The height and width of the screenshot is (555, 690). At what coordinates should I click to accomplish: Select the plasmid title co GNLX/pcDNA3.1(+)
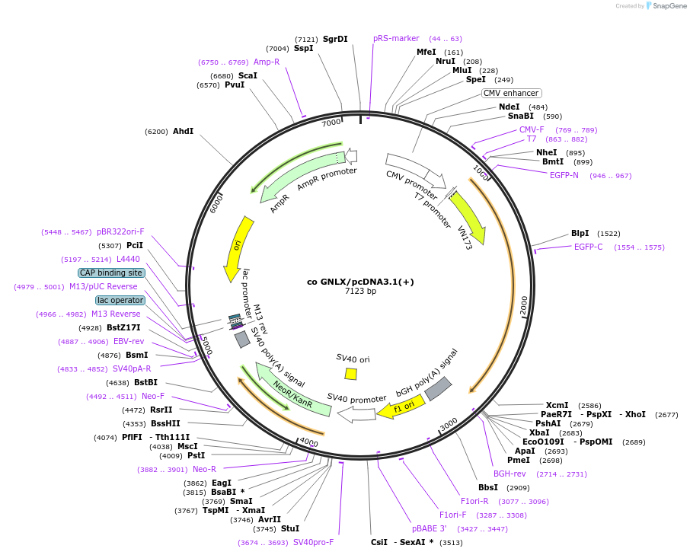click(x=360, y=281)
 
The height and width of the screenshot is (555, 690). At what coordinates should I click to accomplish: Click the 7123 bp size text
click(x=360, y=291)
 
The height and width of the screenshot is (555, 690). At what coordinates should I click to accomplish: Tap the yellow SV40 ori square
click(x=350, y=374)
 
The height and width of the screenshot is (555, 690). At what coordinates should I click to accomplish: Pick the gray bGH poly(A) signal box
click(x=438, y=388)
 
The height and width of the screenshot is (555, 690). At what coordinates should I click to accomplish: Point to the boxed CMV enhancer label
click(x=511, y=94)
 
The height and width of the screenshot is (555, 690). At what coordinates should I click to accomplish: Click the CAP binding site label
click(x=110, y=273)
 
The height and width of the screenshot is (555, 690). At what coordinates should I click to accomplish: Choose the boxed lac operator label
click(x=120, y=300)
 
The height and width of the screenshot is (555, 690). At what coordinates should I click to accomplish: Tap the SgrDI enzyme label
click(x=335, y=39)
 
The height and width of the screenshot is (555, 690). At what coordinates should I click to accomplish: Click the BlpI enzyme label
click(x=580, y=233)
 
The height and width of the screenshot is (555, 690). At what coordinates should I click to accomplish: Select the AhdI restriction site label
click(x=183, y=131)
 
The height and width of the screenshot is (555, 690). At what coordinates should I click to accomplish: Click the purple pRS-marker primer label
click(x=396, y=38)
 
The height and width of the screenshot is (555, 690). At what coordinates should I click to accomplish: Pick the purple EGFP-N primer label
click(x=564, y=175)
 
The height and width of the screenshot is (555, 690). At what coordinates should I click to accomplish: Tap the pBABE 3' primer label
click(x=430, y=528)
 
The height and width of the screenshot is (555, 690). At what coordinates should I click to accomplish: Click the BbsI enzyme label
click(x=488, y=487)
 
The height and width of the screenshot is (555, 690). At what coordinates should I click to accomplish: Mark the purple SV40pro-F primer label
click(x=314, y=542)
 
